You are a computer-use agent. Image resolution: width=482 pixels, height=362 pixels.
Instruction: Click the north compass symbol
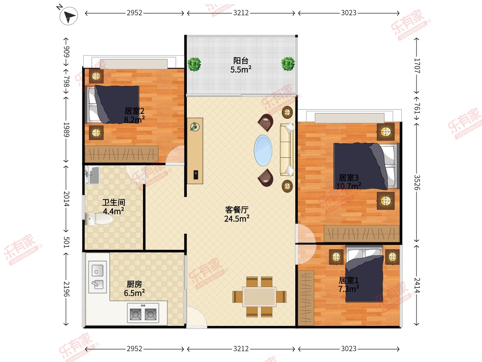pyautogui.click(x=69, y=16)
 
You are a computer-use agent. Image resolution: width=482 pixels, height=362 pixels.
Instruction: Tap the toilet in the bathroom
pyautogui.click(x=99, y=219)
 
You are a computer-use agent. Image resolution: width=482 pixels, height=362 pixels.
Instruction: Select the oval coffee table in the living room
pyautogui.click(x=263, y=150)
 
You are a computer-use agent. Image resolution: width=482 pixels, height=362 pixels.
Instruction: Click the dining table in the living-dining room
pyautogui.click(x=259, y=297)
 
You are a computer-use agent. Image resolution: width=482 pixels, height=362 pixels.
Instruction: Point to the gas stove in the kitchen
pyautogui.click(x=143, y=313)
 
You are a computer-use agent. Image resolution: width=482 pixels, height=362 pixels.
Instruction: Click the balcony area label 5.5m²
pyautogui.click(x=241, y=70)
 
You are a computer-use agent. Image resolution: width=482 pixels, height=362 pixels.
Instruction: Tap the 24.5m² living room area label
pyautogui.click(x=237, y=219)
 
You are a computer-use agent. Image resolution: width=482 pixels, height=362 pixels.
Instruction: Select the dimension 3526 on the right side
pyautogui.click(x=417, y=183)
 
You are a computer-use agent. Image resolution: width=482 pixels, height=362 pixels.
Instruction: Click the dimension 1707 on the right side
pyautogui.click(x=417, y=66)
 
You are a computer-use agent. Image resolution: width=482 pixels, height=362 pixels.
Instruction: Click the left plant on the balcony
pyautogui.click(x=194, y=64)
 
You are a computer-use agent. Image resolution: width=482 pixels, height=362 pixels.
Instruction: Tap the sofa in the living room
pyautogui.click(x=287, y=150)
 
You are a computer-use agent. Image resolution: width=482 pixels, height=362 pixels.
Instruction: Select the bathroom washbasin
pyautogui.click(x=92, y=175)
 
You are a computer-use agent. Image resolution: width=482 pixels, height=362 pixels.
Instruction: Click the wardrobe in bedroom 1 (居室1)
pyautogui.click(x=306, y=298)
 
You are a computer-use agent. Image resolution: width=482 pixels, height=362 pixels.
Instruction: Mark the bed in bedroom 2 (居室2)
pyautogui.click(x=113, y=105)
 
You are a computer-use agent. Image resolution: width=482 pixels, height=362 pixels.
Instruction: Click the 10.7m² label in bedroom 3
pyautogui.click(x=349, y=186)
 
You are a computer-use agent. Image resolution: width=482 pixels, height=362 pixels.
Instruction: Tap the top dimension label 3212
pyautogui.click(x=241, y=13)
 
